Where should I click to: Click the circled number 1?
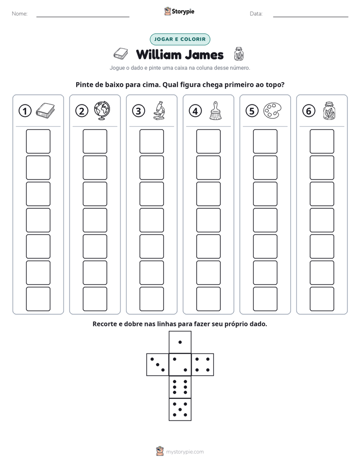[x=25, y=111]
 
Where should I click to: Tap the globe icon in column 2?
[x=102, y=110]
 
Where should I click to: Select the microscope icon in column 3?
[x=159, y=110]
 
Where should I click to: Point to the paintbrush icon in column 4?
[x=215, y=110]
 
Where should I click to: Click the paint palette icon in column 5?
[x=272, y=110]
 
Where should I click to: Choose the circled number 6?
[x=309, y=111]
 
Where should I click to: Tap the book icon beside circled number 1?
[x=45, y=110]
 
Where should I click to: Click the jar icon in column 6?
[x=329, y=110]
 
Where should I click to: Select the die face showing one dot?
[x=180, y=342]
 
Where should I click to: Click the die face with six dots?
[x=180, y=387]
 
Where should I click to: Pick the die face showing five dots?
[x=180, y=410]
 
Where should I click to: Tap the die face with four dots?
[x=203, y=365]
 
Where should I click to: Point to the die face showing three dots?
[x=158, y=365]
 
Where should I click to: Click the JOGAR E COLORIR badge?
[x=180, y=39]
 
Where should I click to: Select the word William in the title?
[x=159, y=54]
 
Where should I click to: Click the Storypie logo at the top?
[x=179, y=11]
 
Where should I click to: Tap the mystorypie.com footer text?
[x=185, y=452]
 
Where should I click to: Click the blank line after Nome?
[x=83, y=17]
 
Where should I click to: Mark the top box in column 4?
[x=209, y=141]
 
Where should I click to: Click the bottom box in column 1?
[x=38, y=299]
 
